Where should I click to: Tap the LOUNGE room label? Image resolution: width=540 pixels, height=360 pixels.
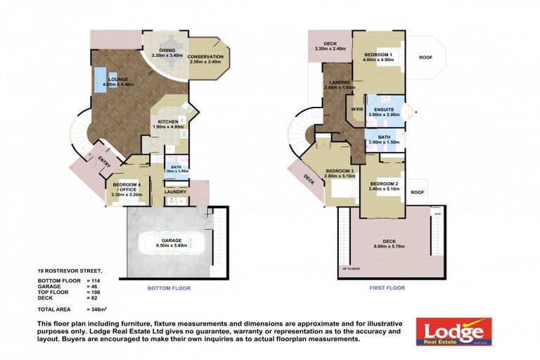pos(117,79)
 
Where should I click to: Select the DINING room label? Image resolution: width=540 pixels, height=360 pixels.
pos(166,49)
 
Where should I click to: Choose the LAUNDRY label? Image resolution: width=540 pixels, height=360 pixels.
pos(174,191)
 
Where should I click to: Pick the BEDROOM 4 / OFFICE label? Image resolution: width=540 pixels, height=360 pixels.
pos(127,187)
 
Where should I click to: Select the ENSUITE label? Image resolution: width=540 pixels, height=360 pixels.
pos(383,110)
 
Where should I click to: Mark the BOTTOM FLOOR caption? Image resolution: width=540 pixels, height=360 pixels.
pos(168,288)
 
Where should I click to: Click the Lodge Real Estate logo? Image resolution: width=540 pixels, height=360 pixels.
pos(453,330)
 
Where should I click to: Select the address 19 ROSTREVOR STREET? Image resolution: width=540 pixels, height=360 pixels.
pos(70,270)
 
